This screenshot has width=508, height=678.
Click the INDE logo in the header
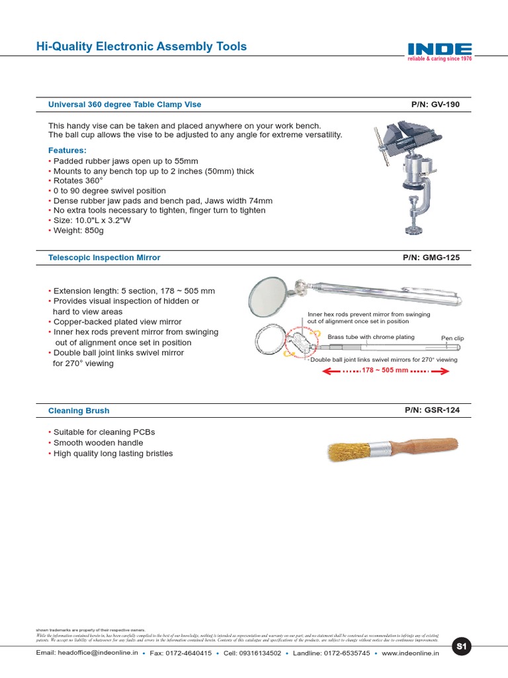coord(439,50)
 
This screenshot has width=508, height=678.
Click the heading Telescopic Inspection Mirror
coord(104,258)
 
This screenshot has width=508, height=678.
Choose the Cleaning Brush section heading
coord(79,411)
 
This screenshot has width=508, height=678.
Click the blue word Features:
coord(67,150)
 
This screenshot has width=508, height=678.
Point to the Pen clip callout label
coord(452,338)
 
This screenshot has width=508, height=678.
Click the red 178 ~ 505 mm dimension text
coord(385,371)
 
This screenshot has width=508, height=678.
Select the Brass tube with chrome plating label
coord(370,337)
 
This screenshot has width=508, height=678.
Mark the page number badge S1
coord(462,647)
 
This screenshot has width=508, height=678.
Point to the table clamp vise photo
coord(407,175)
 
